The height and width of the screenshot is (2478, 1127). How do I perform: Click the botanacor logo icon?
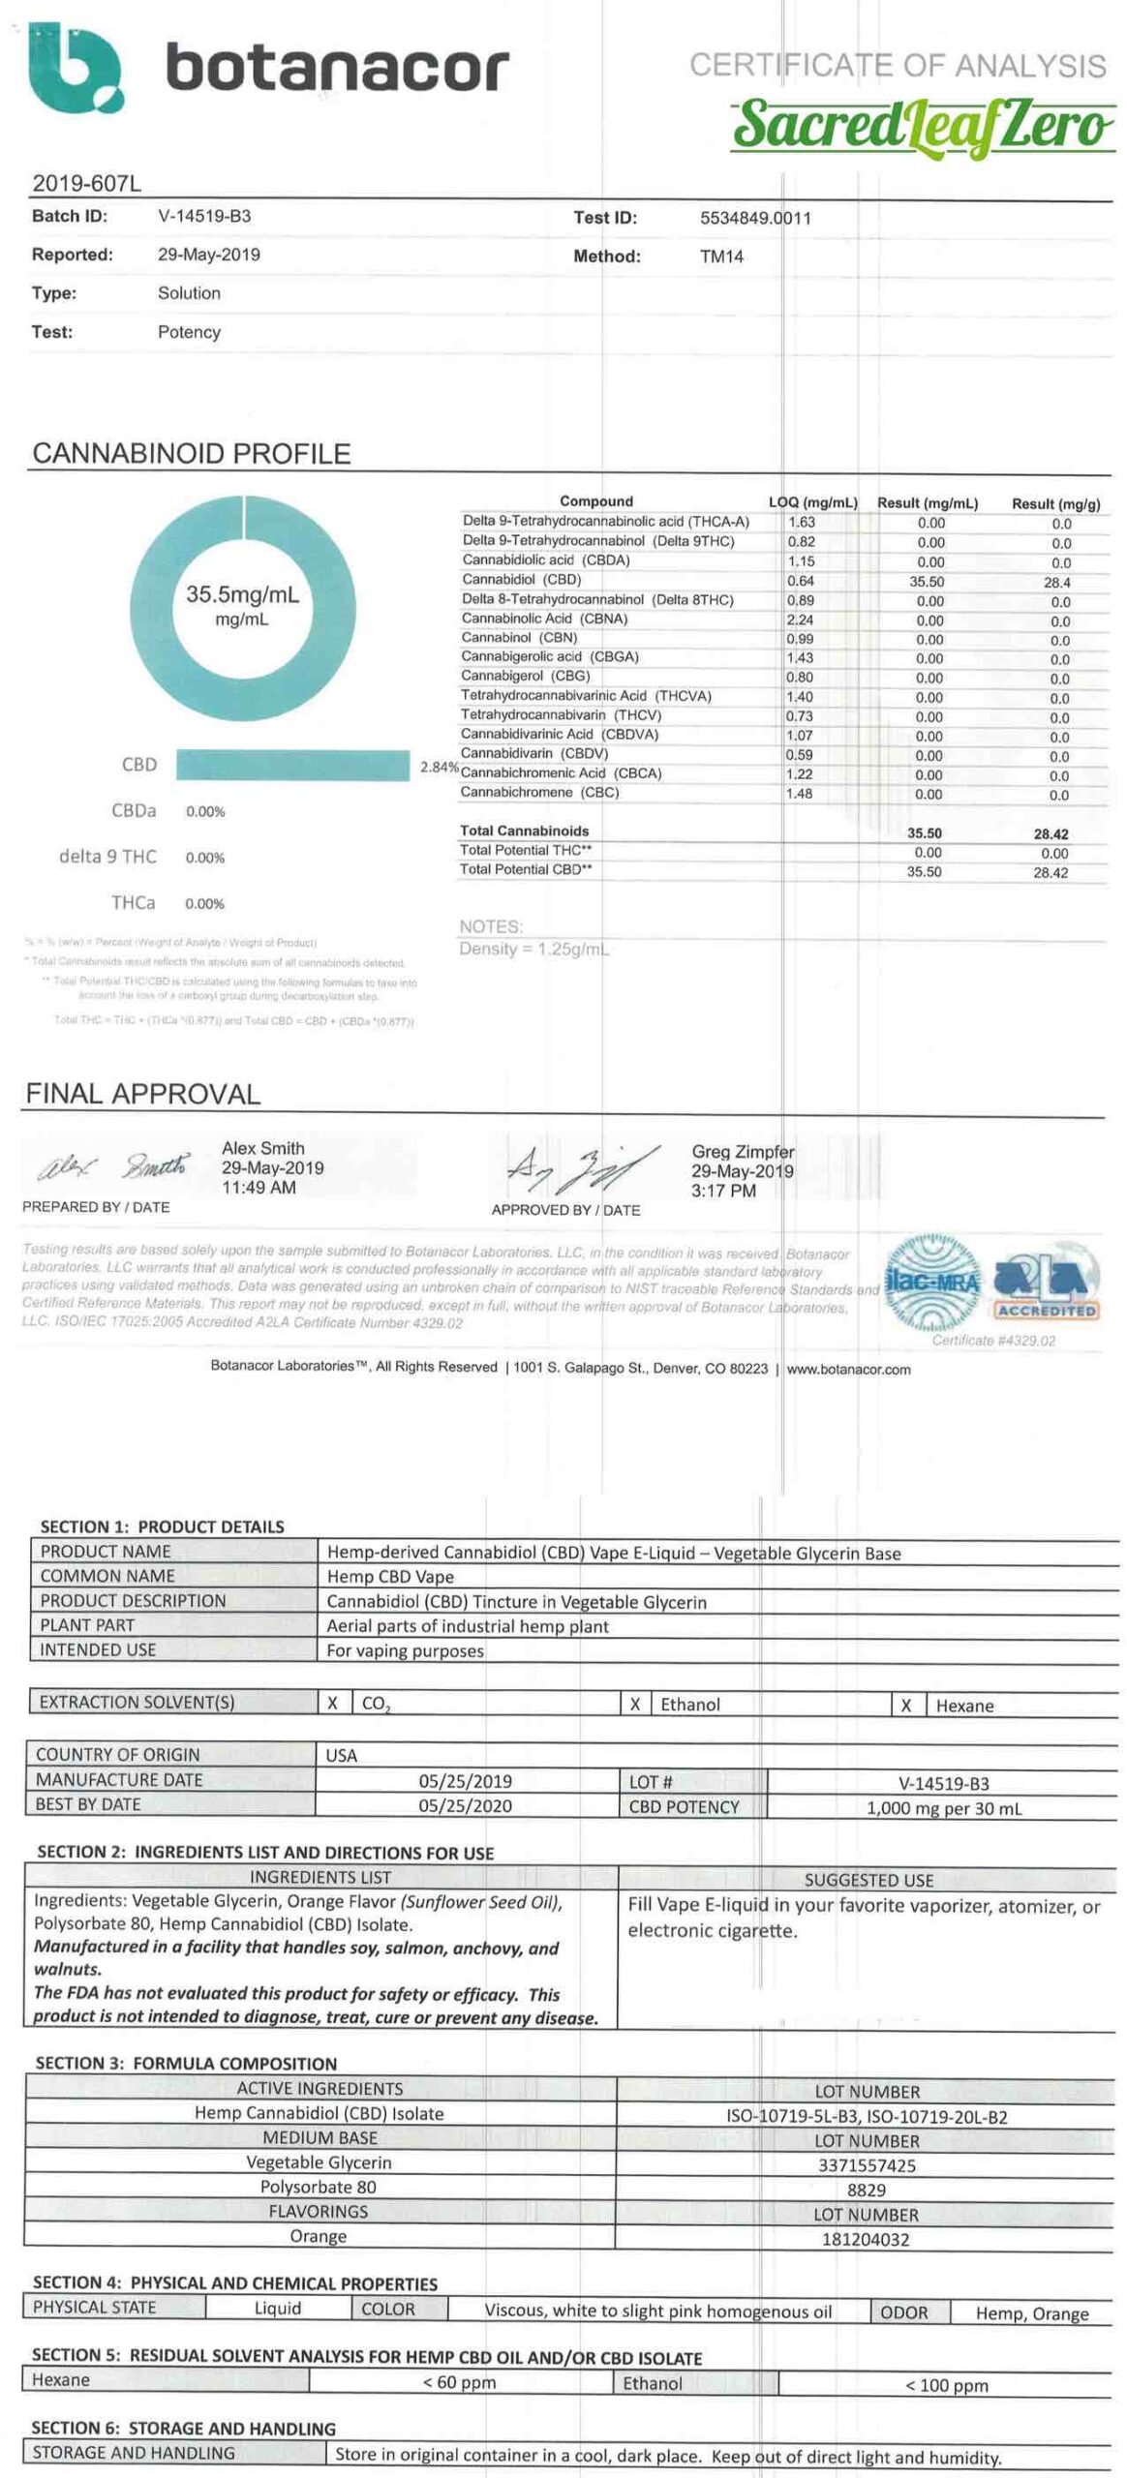click(x=75, y=68)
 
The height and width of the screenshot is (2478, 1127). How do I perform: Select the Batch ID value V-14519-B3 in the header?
click(x=204, y=216)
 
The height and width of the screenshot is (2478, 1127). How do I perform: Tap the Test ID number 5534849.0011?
click(x=755, y=218)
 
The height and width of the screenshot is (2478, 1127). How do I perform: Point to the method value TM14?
click(x=721, y=257)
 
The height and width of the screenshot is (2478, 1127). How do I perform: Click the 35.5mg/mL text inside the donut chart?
click(x=242, y=593)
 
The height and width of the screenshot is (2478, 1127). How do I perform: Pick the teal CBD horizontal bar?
click(x=292, y=765)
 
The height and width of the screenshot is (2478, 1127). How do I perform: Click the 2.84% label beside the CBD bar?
click(x=439, y=767)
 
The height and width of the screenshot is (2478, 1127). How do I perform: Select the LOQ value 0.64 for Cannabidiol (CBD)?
click(x=801, y=581)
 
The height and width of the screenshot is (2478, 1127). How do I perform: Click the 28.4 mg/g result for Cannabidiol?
click(x=1056, y=583)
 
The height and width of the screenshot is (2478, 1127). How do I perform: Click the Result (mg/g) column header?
click(x=1055, y=503)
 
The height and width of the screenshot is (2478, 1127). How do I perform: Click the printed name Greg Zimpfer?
click(x=743, y=1152)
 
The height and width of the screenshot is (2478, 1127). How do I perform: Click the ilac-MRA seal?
click(x=931, y=1283)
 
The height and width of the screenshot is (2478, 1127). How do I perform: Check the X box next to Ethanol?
click(x=635, y=1705)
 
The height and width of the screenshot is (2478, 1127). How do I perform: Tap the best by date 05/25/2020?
click(x=466, y=1805)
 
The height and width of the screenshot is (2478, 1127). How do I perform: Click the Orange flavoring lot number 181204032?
click(x=866, y=2239)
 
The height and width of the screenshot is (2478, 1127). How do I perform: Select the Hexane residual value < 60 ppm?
click(x=459, y=2382)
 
